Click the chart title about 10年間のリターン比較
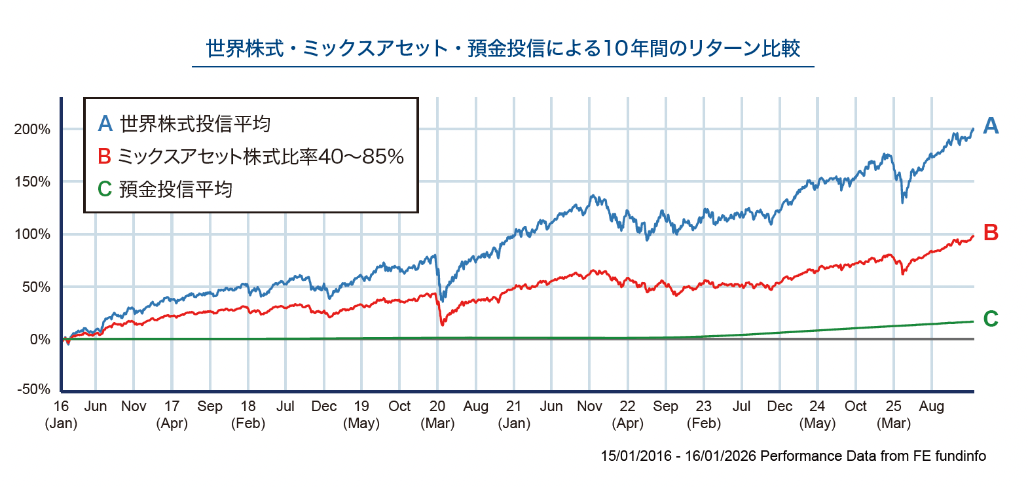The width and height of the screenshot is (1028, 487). tap(503, 48)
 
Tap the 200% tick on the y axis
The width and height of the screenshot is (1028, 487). tap(32, 130)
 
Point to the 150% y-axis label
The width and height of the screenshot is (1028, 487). tap(32, 182)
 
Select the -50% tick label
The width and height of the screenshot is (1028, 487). tap(34, 389)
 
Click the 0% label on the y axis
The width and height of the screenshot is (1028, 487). tap(40, 339)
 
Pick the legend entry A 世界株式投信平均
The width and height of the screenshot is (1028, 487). tap(184, 124)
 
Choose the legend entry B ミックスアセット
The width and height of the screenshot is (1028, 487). tap(251, 156)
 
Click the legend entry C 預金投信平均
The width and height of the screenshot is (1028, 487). tap(165, 189)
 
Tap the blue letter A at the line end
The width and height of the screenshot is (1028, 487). tap(991, 126)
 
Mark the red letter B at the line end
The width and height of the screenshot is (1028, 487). tap(991, 232)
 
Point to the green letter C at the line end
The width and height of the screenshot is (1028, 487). tap(991, 319)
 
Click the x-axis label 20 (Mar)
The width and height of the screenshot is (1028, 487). tap(437, 414)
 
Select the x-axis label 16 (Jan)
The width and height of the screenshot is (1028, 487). tap(61, 414)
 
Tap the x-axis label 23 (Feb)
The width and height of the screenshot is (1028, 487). tap(704, 414)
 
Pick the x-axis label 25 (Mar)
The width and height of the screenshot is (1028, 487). tap(894, 414)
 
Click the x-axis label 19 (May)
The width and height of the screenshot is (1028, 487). tap(361, 414)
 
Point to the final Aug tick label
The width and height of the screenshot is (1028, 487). tap(932, 406)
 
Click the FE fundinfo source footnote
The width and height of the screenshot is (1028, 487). tap(793, 456)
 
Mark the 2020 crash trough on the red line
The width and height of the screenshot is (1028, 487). tap(443, 324)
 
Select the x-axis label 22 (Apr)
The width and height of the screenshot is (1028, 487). tap(628, 414)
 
